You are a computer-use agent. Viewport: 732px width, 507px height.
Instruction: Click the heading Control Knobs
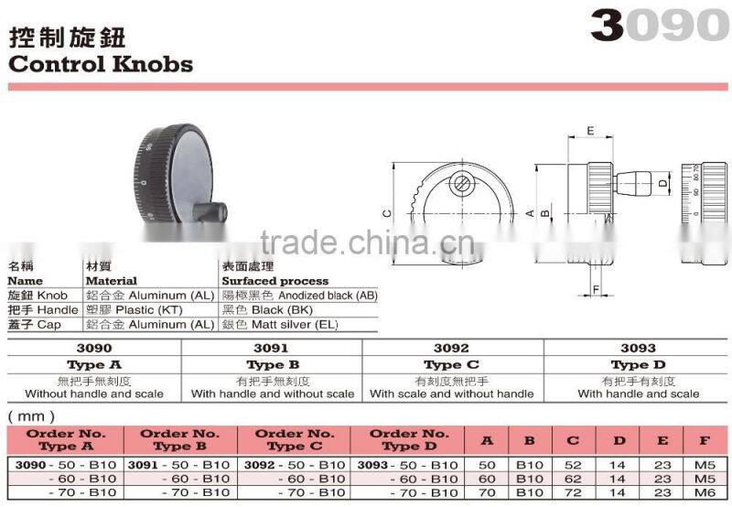101,64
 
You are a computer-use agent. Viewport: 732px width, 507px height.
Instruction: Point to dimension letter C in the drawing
387,212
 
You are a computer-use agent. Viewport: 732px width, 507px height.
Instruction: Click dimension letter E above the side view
591,131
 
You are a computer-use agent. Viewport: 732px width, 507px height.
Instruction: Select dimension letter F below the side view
596,292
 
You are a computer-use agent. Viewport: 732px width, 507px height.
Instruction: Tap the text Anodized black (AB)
328,296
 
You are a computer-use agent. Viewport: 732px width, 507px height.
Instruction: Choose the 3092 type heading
453,349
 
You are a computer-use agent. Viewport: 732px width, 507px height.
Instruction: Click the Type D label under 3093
638,364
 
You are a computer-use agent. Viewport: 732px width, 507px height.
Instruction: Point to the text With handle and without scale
273,394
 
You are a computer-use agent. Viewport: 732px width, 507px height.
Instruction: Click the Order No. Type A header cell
65,439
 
